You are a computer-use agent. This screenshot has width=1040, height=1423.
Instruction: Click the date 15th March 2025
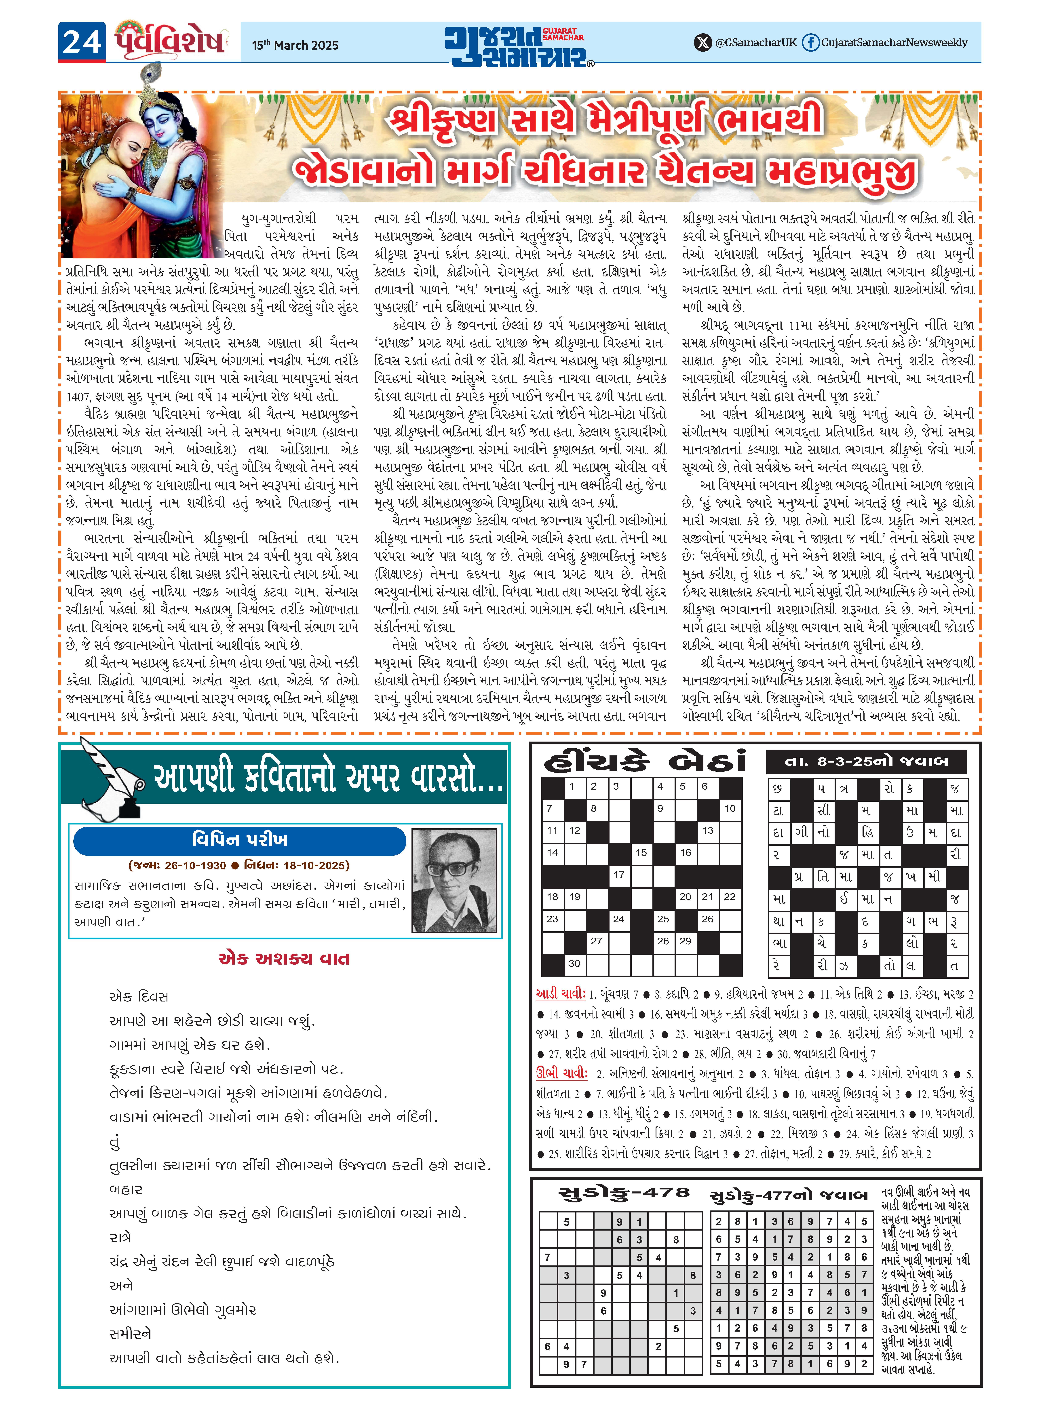tap(295, 45)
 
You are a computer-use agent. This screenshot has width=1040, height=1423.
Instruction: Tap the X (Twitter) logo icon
tap(702, 43)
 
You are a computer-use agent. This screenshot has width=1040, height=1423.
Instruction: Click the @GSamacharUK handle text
tap(755, 43)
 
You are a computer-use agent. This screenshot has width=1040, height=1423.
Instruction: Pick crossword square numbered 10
tap(730, 809)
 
